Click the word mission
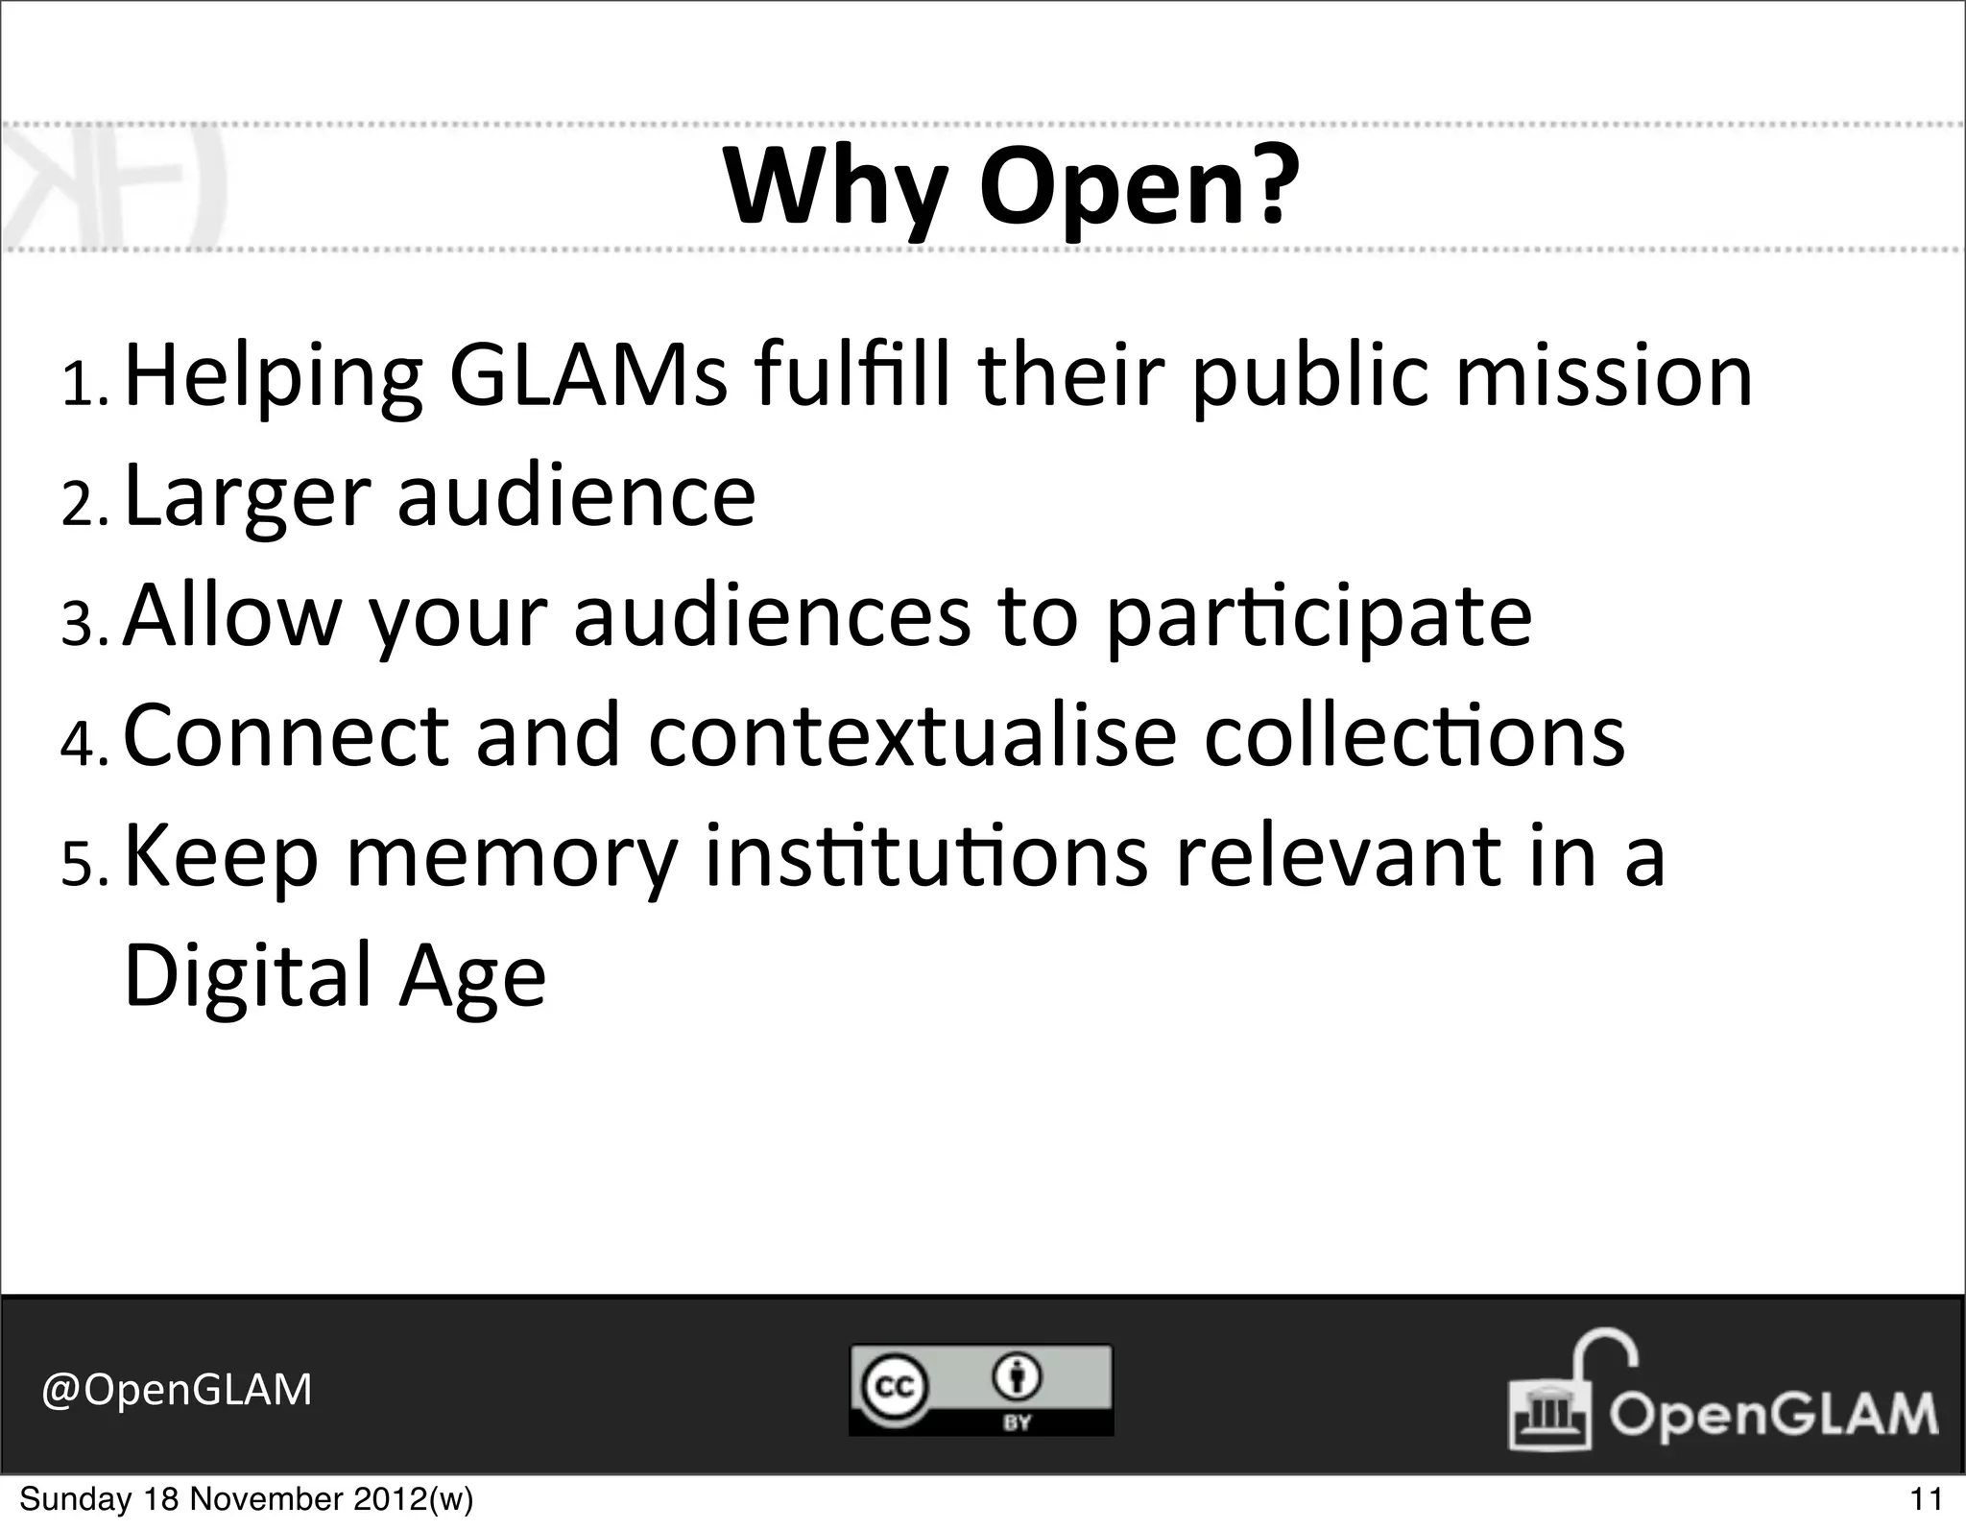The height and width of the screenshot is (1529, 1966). pyautogui.click(x=1603, y=376)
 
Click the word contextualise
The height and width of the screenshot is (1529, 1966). pyautogui.click(x=912, y=735)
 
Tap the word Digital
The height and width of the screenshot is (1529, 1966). pyautogui.click(x=247, y=977)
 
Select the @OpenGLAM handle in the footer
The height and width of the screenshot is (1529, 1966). pyautogui.click(x=177, y=1389)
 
